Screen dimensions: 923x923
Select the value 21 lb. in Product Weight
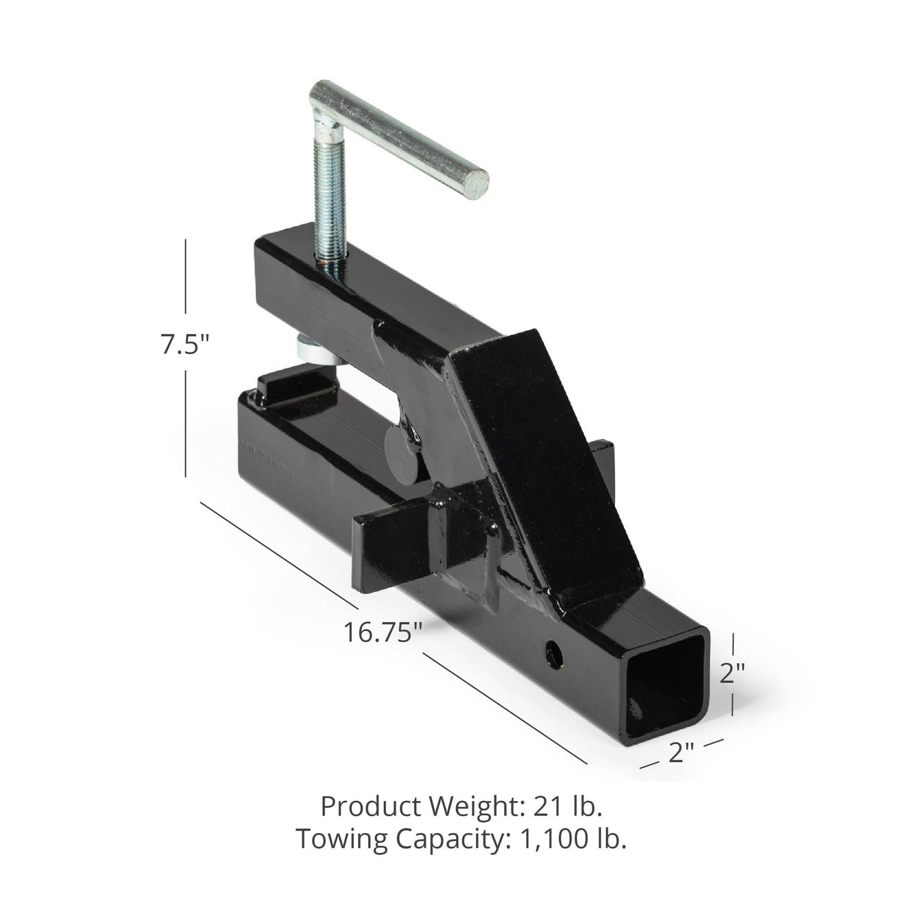pyautogui.click(x=567, y=806)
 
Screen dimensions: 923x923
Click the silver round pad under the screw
pyautogui.click(x=315, y=350)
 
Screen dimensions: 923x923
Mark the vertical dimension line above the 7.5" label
pyautogui.click(x=186, y=281)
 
